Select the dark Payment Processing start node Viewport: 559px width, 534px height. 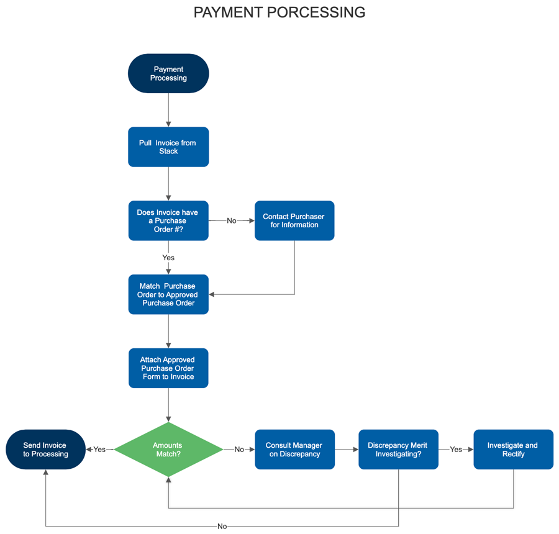click(x=168, y=73)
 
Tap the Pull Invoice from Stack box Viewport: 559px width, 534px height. click(x=168, y=147)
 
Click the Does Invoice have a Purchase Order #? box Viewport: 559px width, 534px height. click(x=168, y=220)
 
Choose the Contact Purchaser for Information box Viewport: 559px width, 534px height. click(x=294, y=220)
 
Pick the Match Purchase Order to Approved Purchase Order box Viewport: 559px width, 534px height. click(x=168, y=294)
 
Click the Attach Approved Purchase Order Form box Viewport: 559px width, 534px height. click(x=168, y=368)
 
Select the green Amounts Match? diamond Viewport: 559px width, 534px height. click(x=168, y=450)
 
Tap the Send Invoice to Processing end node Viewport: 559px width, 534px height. click(x=45, y=450)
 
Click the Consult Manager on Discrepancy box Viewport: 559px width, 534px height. click(x=294, y=450)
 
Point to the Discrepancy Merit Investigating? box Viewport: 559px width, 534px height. click(x=398, y=450)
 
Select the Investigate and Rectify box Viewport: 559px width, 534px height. click(x=513, y=450)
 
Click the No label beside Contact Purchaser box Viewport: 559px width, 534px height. click(x=232, y=221)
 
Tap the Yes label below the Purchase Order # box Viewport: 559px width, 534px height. click(x=168, y=258)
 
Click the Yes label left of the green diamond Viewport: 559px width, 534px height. click(x=99, y=450)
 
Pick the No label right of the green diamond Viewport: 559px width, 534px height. click(x=239, y=450)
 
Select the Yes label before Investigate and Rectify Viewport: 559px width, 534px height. click(x=456, y=450)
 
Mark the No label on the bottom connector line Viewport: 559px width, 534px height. click(x=222, y=527)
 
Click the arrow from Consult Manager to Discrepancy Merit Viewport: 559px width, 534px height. click(x=347, y=450)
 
